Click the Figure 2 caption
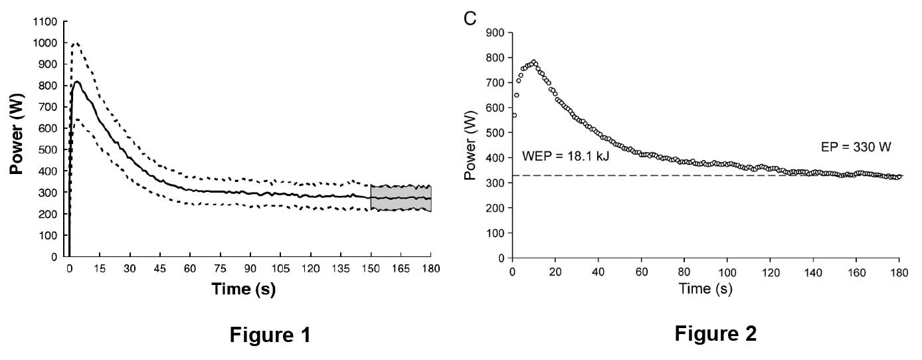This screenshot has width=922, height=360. (715, 333)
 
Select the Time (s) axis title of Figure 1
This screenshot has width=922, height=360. (244, 289)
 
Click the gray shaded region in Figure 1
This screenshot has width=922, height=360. (401, 197)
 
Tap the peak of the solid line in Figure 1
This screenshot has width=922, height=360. (77, 82)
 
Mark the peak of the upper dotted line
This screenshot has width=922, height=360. (75, 43)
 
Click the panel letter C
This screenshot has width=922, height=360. (470, 18)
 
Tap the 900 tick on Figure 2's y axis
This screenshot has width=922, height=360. (496, 33)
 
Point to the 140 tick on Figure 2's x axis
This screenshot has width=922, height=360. (814, 272)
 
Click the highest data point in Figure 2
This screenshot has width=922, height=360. (533, 62)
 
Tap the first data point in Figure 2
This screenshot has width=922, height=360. (514, 115)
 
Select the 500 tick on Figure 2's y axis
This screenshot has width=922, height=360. (496, 132)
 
